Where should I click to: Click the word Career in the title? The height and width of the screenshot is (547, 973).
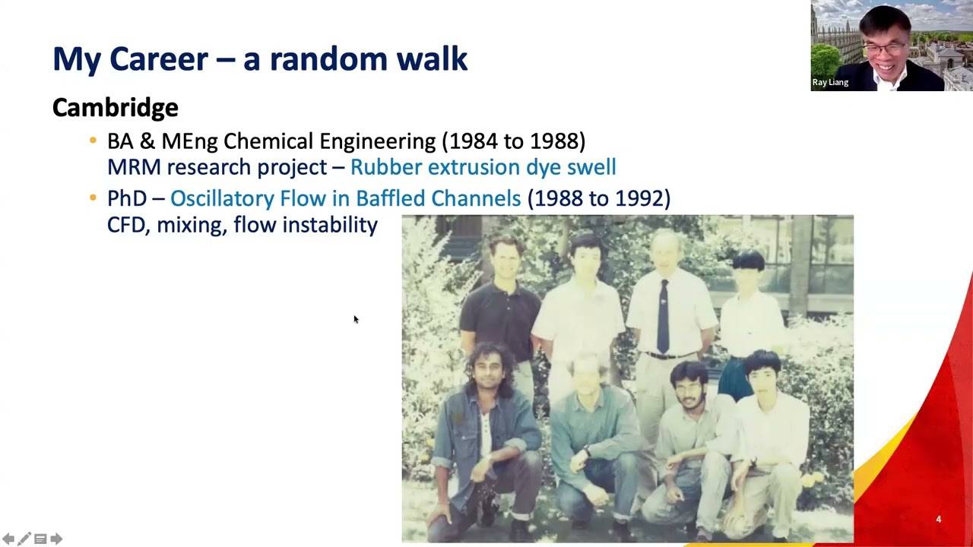click(x=158, y=59)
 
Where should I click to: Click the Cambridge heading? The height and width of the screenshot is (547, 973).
click(x=115, y=108)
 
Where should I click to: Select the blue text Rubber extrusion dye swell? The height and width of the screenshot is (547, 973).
click(x=483, y=167)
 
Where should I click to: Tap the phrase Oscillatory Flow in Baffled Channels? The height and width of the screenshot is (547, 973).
click(x=345, y=198)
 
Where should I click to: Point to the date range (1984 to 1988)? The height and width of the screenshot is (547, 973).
click(x=513, y=141)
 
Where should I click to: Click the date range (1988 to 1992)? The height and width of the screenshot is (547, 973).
click(x=599, y=198)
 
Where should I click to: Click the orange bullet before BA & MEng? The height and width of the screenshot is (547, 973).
click(x=93, y=141)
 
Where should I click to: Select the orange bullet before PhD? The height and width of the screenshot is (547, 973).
click(x=93, y=198)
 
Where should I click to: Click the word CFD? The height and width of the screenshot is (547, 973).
click(x=126, y=225)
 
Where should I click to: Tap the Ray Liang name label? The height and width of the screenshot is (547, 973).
click(x=830, y=82)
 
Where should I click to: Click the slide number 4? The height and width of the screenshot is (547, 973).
click(x=938, y=520)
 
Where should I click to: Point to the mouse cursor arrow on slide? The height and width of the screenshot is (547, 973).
click(x=355, y=319)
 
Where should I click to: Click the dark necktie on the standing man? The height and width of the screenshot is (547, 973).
click(x=663, y=315)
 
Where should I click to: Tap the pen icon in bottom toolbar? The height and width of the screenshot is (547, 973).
click(x=24, y=539)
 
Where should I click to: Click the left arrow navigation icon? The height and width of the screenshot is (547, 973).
click(x=8, y=539)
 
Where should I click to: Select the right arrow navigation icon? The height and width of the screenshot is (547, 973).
click(x=56, y=539)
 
